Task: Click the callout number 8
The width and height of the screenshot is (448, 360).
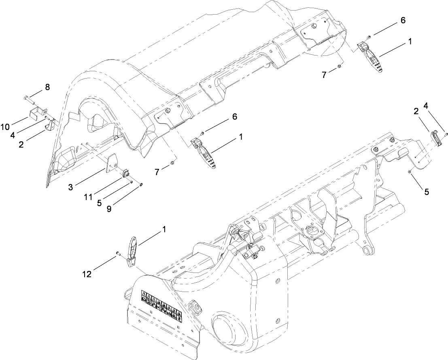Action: [x=48, y=87]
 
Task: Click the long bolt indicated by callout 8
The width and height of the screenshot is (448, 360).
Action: [x=28, y=98]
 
